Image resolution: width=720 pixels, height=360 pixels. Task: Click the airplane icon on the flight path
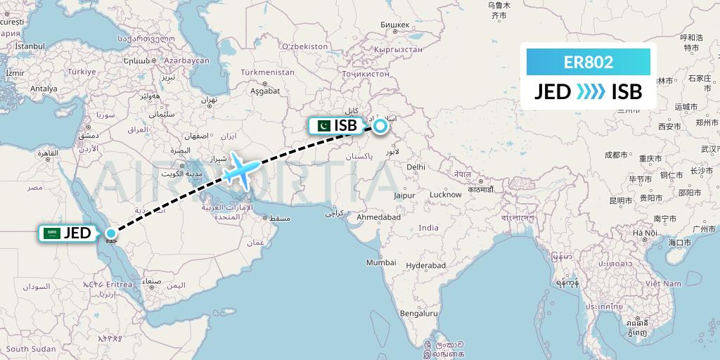coord(238,169)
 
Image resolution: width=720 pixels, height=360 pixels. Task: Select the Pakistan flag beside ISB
coord(323,126)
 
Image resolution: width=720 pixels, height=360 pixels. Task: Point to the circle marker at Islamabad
coord(380,127)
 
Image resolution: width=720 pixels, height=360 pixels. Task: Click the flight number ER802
coord(589,62)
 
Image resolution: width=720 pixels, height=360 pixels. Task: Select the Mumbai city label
coord(381,262)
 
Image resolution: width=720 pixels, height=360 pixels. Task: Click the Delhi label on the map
coord(416,167)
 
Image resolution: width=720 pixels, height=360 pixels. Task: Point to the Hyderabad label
coord(426,265)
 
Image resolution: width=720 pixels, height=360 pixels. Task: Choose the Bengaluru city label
coord(419,313)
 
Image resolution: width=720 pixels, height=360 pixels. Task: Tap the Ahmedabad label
coord(378,218)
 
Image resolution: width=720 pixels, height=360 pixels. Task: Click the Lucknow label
coord(446,194)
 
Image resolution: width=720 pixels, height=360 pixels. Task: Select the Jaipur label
coord(404,195)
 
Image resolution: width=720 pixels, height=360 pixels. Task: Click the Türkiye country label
coord(81,72)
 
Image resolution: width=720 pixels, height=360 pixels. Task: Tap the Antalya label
coord(43,89)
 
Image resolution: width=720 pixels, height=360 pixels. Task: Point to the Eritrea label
coord(120,283)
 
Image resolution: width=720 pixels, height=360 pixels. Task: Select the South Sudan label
coord(31,349)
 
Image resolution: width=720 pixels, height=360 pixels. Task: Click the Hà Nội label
coord(644,233)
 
